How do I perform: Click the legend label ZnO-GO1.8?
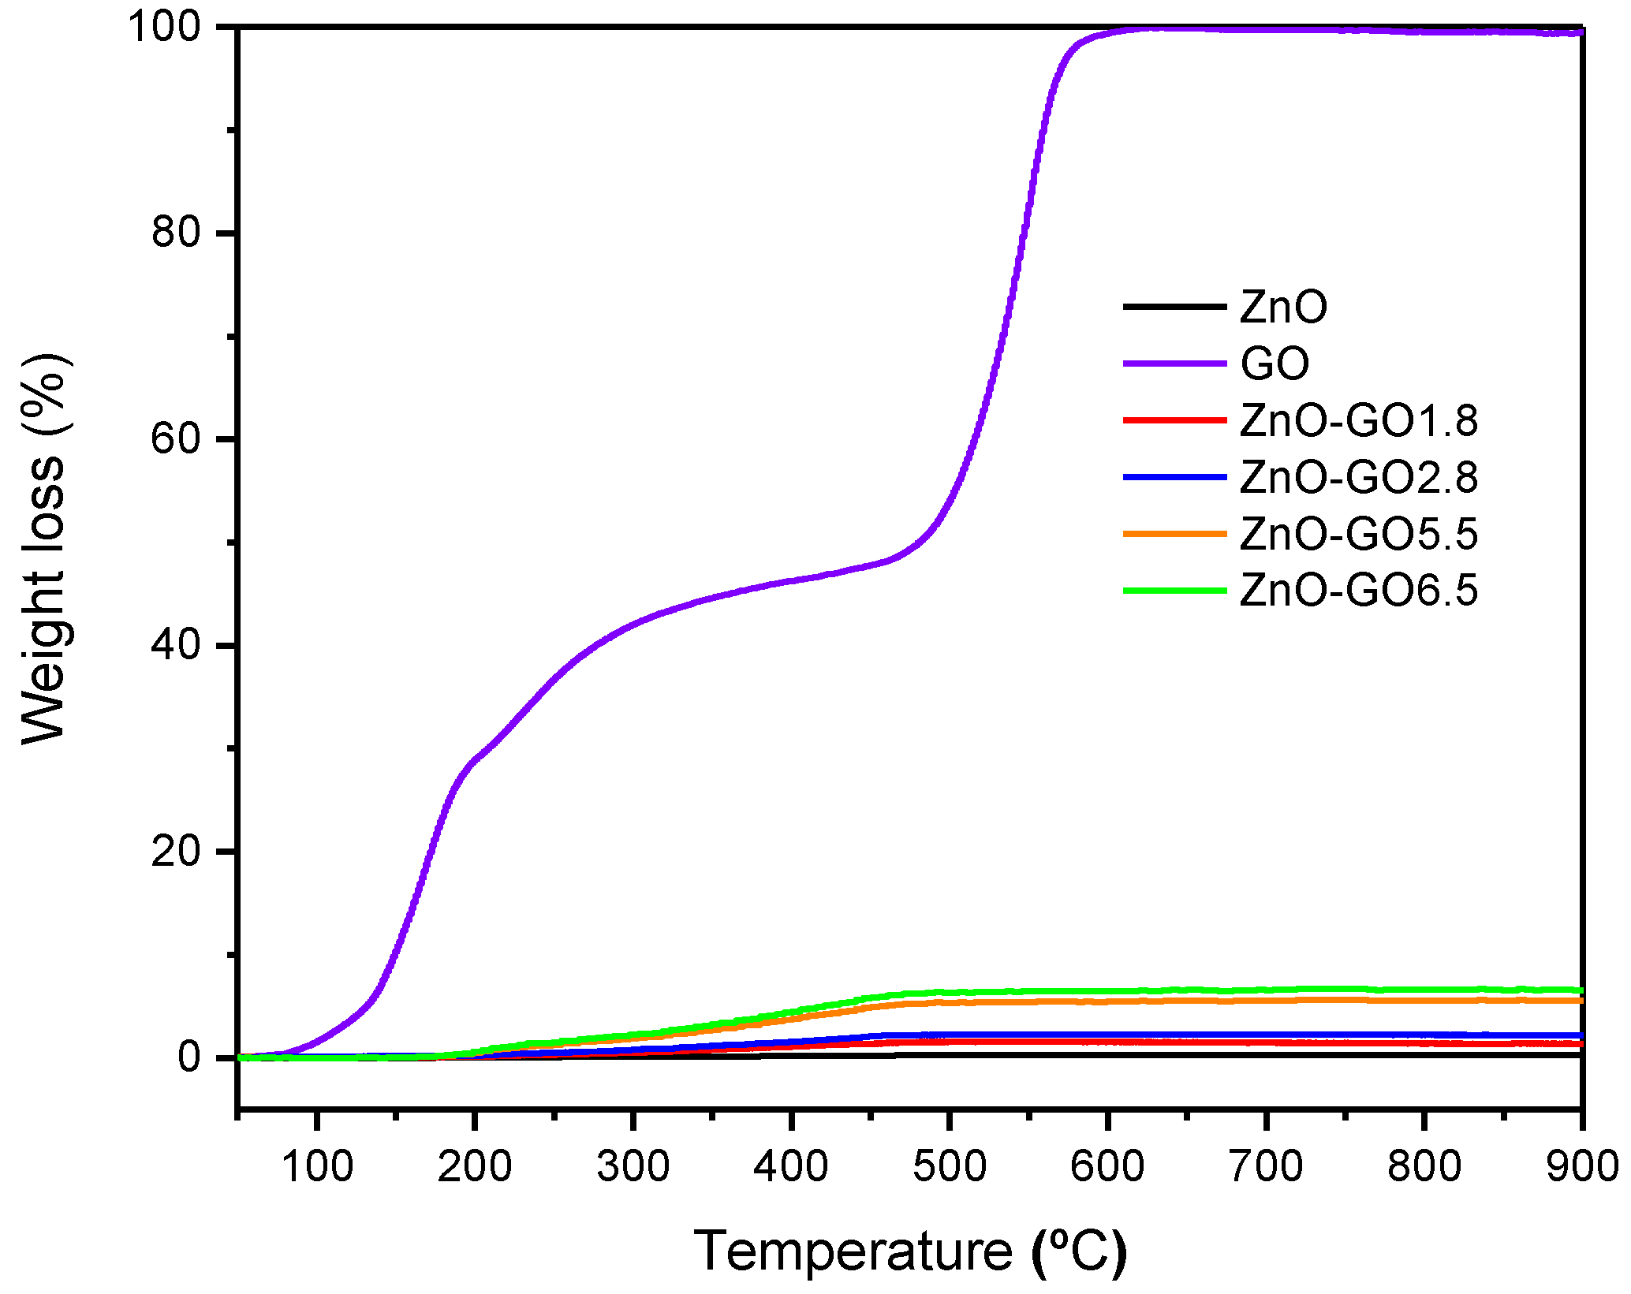pyautogui.click(x=1358, y=420)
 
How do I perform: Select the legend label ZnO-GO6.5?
pyautogui.click(x=1358, y=591)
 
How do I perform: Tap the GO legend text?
pyautogui.click(x=1275, y=364)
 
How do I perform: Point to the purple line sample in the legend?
pyautogui.click(x=1174, y=364)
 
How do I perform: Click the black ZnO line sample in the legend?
pyautogui.click(x=1174, y=306)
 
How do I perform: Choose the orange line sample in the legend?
pyautogui.click(x=1174, y=534)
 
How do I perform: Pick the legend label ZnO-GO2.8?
pyautogui.click(x=1358, y=477)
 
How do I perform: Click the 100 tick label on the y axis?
pyautogui.click(x=176, y=27)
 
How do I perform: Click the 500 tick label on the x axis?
pyautogui.click(x=949, y=1166)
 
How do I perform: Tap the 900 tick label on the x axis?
pyautogui.click(x=1581, y=1166)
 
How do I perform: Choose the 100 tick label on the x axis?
pyautogui.click(x=316, y=1166)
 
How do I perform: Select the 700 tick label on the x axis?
pyautogui.click(x=1266, y=1166)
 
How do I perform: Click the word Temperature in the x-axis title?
pyautogui.click(x=853, y=1251)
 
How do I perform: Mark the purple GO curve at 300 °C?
pyautogui.click(x=633, y=625)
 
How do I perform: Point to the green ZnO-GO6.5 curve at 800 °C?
pyautogui.click(x=1424, y=990)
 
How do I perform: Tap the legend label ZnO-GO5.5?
pyautogui.click(x=1358, y=534)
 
